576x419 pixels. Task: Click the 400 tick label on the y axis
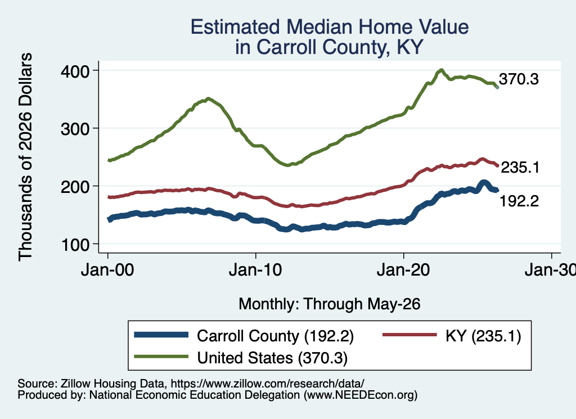(75, 71)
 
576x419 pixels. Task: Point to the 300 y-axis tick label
(75, 129)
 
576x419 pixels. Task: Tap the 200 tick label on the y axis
(75, 187)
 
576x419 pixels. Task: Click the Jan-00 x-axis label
(107, 270)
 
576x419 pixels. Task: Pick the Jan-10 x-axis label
(255, 270)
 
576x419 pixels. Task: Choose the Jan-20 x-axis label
(403, 270)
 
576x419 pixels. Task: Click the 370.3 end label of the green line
(519, 79)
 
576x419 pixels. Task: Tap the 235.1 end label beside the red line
(520, 168)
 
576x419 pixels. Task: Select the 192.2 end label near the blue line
(519, 201)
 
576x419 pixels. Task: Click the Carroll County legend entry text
(275, 336)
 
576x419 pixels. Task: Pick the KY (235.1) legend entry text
(483, 336)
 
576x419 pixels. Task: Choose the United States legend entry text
(272, 358)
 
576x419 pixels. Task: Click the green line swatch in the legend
(161, 357)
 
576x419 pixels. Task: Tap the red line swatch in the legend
(409, 335)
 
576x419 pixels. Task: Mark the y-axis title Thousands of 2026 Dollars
(25, 157)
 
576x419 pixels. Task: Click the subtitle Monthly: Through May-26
(330, 304)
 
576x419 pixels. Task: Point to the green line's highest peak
(441, 70)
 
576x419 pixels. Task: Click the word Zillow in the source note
(76, 384)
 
